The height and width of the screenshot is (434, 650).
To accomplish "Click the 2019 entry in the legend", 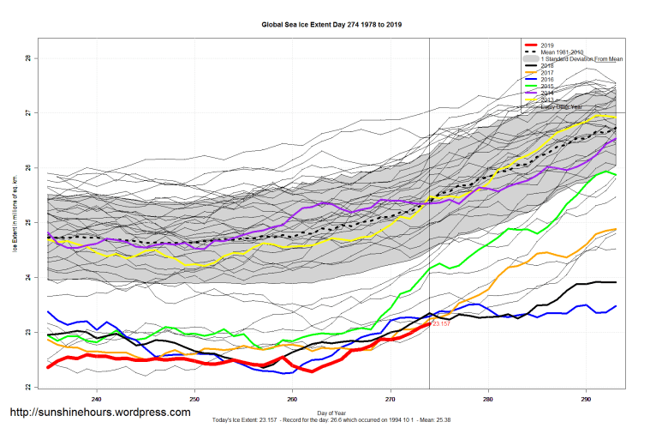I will [x=549, y=45].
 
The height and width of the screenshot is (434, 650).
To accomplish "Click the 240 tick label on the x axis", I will [x=97, y=399].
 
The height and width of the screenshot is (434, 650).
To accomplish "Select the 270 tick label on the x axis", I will [x=391, y=399].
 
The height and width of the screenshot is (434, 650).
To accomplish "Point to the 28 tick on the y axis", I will [x=27, y=58].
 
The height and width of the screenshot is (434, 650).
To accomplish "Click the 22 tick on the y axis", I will [x=27, y=388].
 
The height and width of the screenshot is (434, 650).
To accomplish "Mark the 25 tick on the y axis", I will [x=27, y=223].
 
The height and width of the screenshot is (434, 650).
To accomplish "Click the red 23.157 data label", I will [x=440, y=324].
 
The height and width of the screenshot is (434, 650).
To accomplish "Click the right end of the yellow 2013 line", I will [x=615, y=117].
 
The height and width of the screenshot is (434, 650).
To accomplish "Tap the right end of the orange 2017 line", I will [x=616, y=229].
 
